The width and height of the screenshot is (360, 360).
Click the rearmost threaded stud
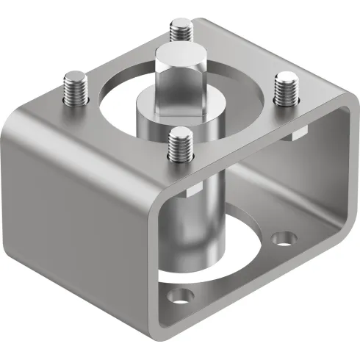coord(179,30)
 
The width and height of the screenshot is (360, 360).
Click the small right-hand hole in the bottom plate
coord(284,237)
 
